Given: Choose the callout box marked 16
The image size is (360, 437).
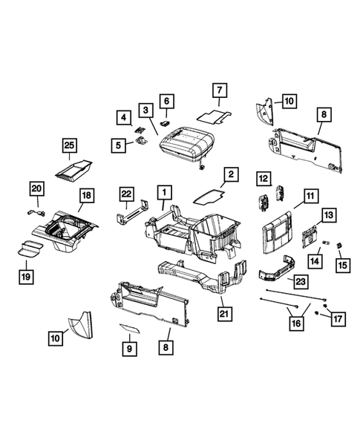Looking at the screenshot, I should [x=296, y=323].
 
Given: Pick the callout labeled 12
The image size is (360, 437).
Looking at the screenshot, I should [x=263, y=178].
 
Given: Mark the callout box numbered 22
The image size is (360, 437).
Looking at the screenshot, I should [x=127, y=195].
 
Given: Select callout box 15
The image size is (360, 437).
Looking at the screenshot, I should [x=342, y=263].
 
